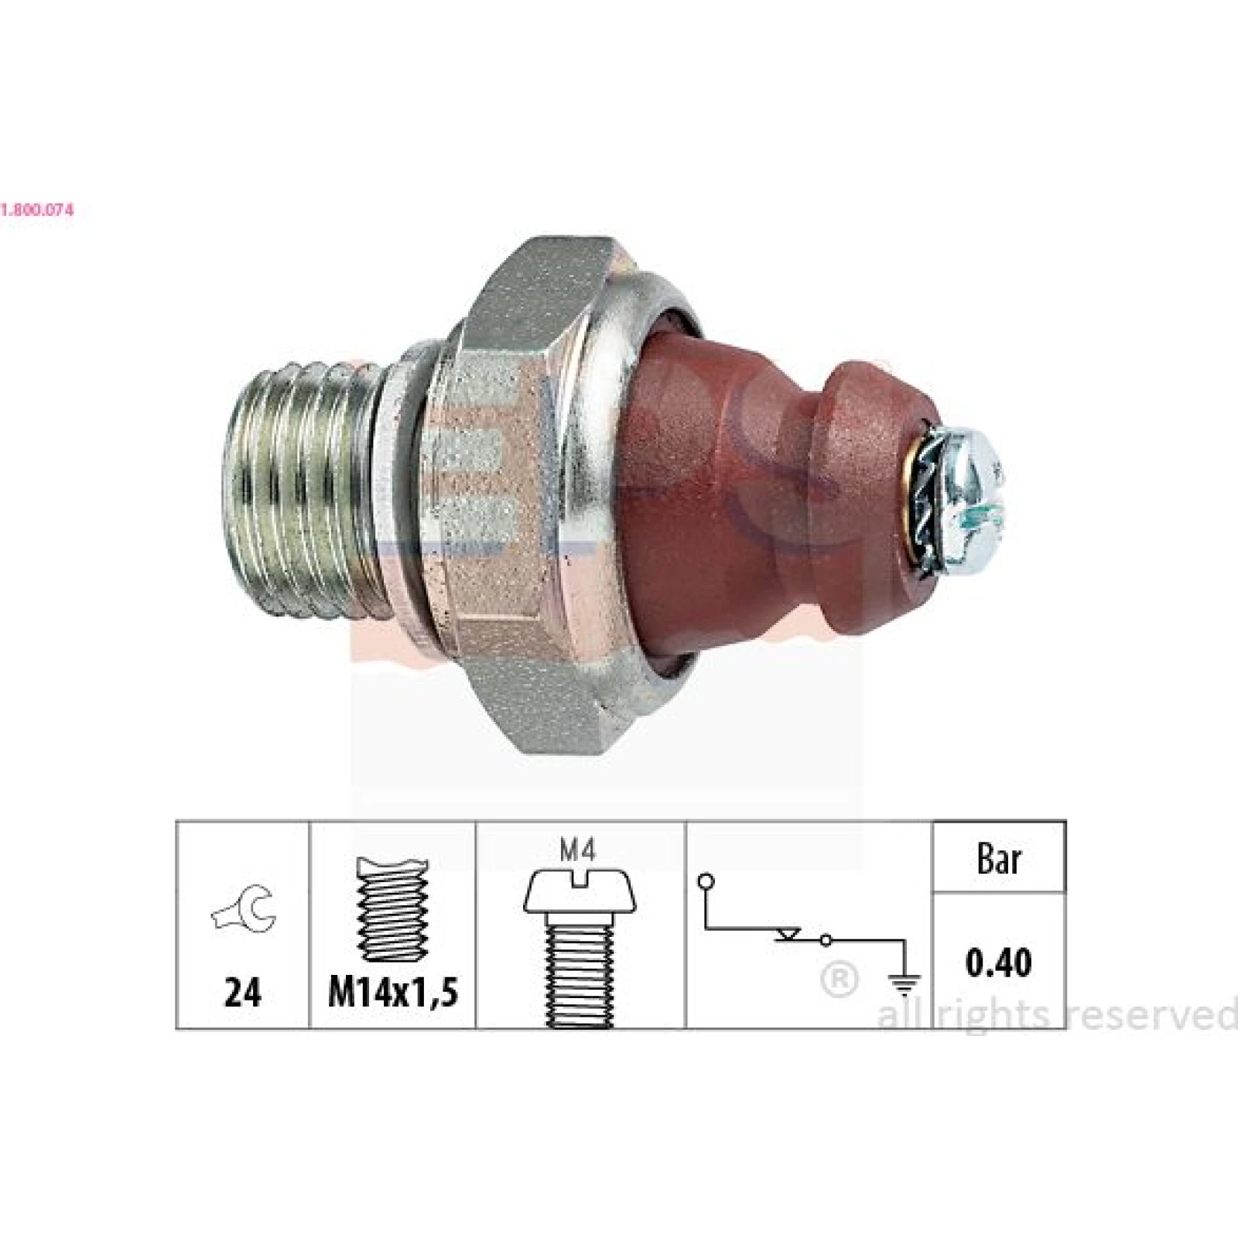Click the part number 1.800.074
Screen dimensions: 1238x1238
pos(37,210)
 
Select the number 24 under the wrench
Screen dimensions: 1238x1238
pos(243,992)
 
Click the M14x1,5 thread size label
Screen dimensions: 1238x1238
pos(392,992)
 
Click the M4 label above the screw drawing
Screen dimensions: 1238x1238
pos(580,852)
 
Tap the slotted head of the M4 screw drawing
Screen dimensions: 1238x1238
pos(580,891)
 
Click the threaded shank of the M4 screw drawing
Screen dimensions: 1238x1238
pos(580,969)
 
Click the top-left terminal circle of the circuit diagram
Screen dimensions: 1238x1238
pos(705,881)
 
